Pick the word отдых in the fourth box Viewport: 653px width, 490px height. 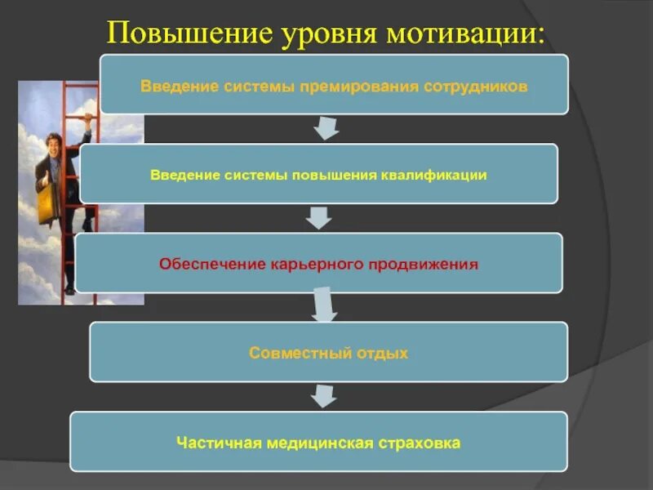click(381, 353)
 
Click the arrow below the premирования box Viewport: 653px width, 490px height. click(326, 128)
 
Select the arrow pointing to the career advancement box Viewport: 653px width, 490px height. click(318, 217)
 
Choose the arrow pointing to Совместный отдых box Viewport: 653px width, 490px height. click(324, 306)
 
